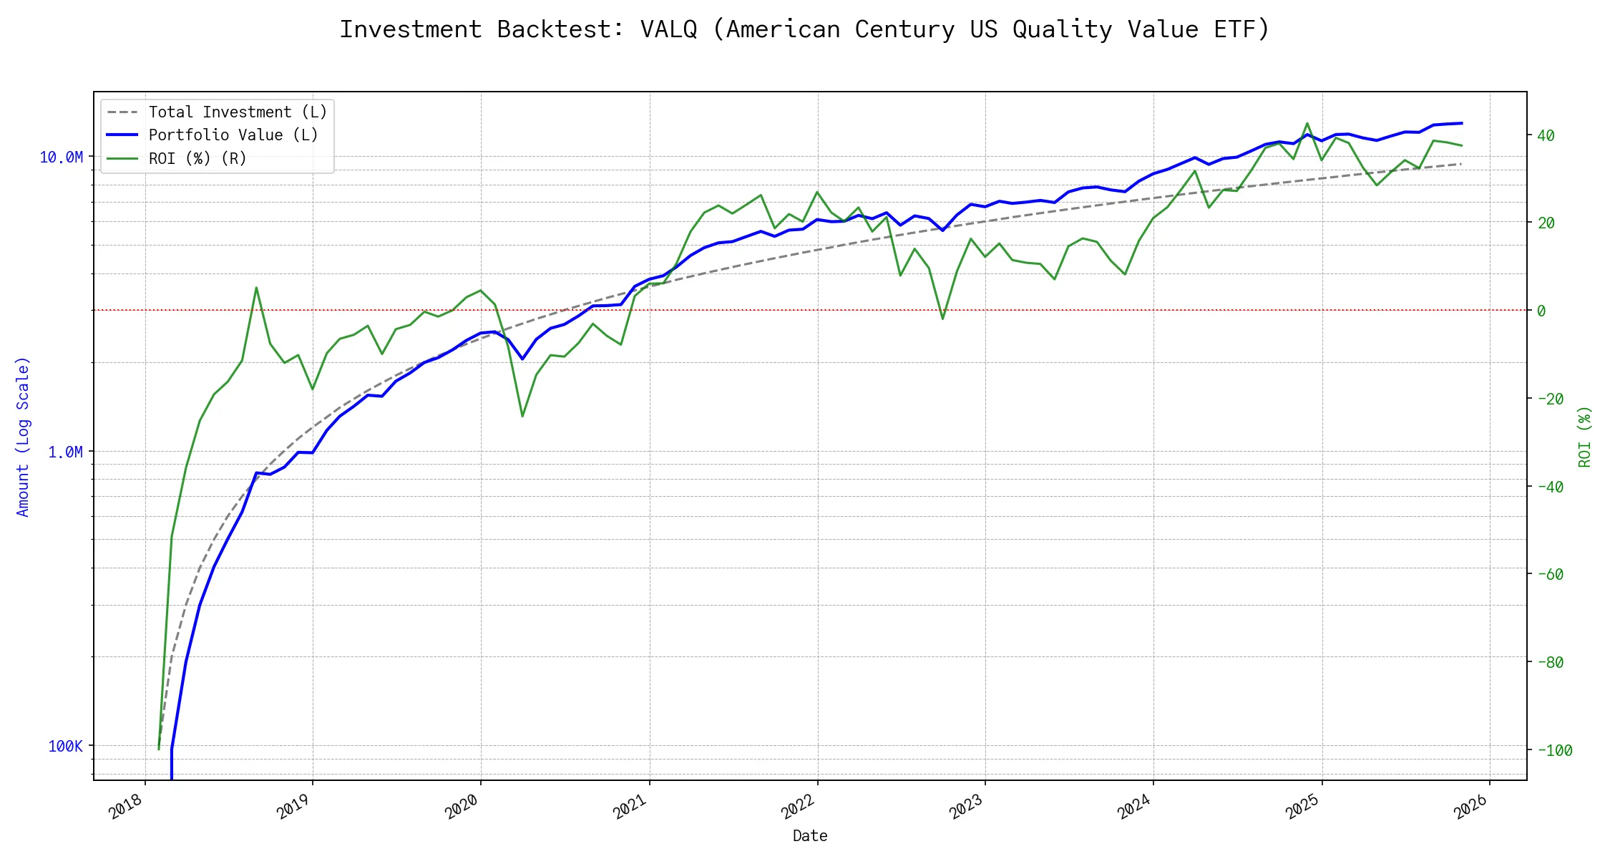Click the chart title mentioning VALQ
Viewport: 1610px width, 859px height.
click(804, 29)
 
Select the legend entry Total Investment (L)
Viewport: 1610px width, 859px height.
click(238, 112)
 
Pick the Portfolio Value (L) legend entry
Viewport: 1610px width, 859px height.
click(233, 135)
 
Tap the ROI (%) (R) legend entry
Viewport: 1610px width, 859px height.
click(197, 159)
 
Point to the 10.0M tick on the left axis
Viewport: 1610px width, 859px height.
click(61, 157)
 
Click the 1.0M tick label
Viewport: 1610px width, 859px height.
click(65, 452)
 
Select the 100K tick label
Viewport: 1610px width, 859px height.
click(65, 747)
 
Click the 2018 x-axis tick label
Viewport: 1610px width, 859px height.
click(126, 807)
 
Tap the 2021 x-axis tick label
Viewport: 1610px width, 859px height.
click(630, 807)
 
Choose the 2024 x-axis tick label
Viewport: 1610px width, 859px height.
click(1134, 807)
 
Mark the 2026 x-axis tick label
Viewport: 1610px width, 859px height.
click(1471, 807)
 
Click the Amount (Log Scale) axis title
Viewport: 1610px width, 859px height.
click(23, 437)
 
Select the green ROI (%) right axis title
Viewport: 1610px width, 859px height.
click(1585, 437)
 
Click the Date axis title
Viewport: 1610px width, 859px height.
click(810, 836)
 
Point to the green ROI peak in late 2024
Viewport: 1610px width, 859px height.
click(1307, 123)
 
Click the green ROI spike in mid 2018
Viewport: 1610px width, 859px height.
click(256, 288)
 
